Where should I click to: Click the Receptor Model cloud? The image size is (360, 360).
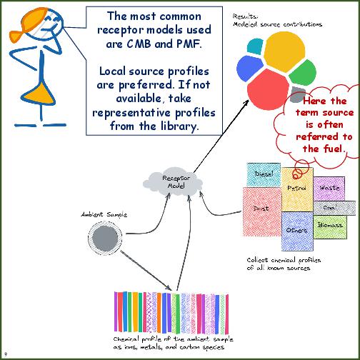174,181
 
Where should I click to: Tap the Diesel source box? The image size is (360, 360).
264,174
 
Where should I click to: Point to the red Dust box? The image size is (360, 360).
261,209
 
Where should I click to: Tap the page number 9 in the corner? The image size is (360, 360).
6,354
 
